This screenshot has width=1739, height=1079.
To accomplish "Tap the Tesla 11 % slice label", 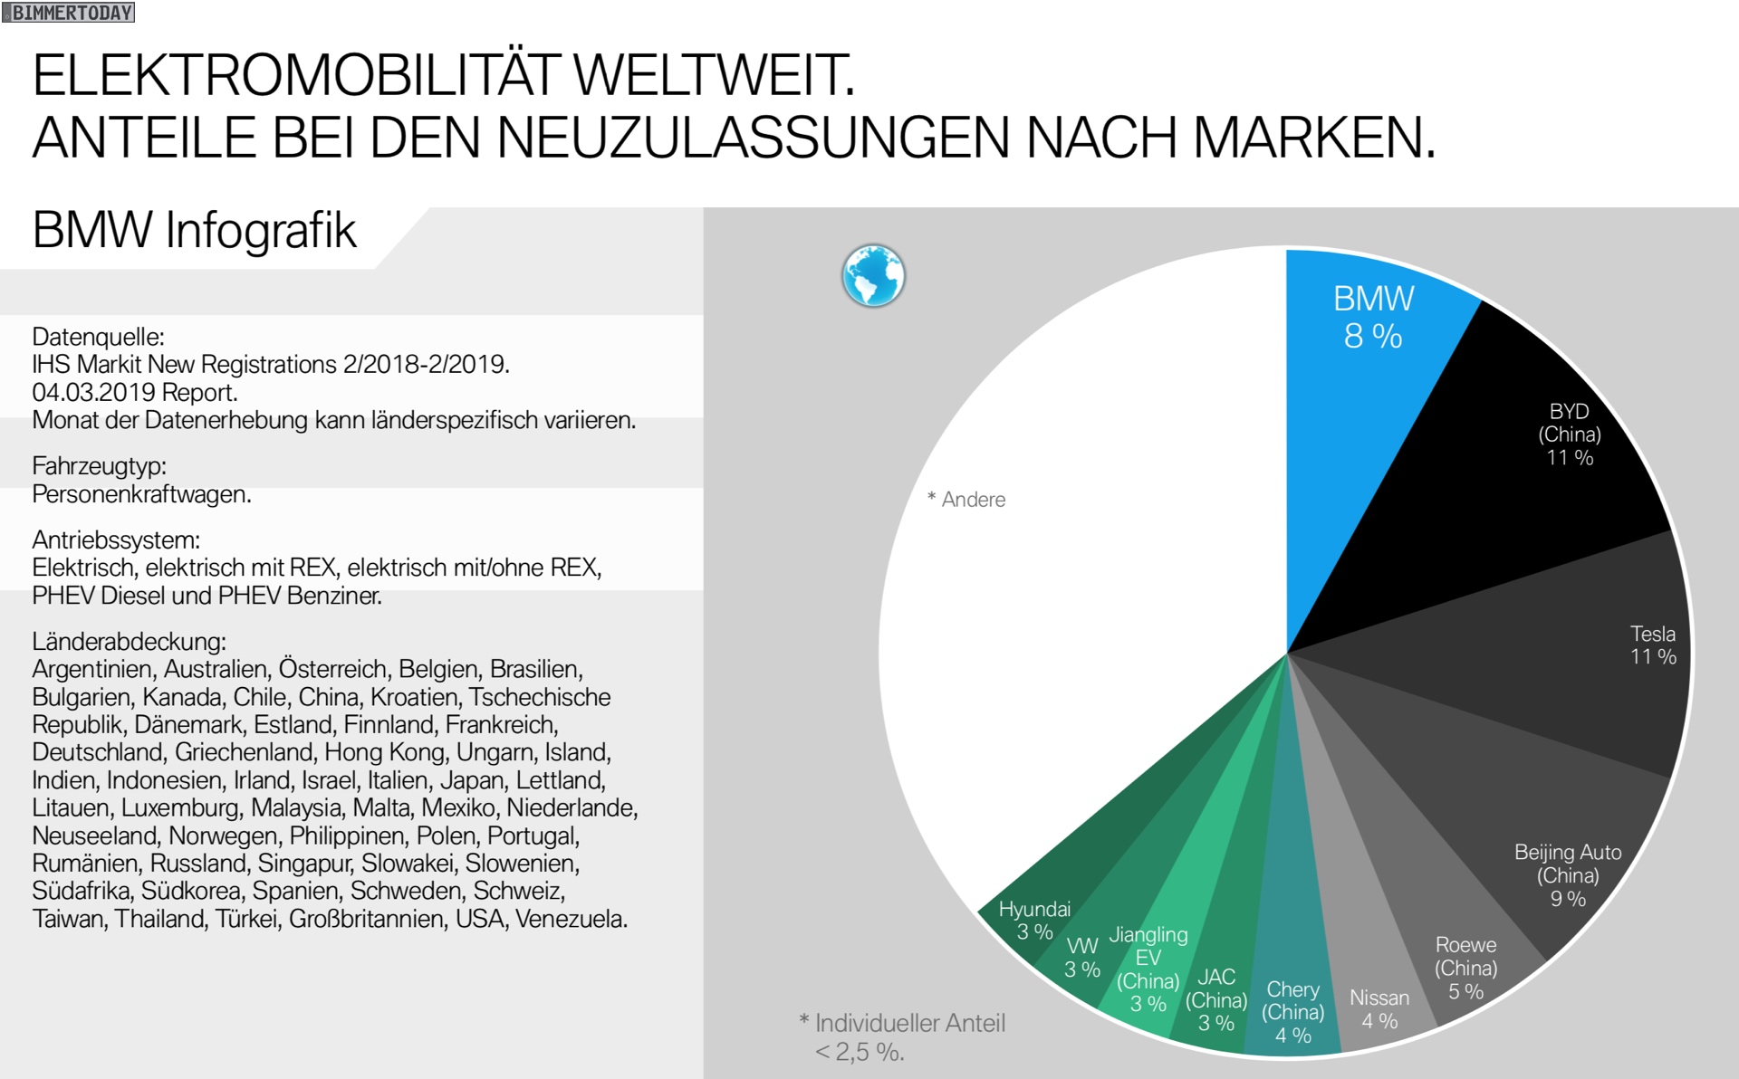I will point(1653,645).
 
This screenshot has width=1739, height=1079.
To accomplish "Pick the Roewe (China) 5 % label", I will point(1465,968).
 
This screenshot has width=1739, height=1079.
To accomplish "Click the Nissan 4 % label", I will point(1379,1009).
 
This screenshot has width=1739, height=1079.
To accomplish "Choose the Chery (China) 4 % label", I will point(1293,1012).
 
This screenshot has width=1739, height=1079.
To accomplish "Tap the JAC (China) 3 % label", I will point(1216,1000).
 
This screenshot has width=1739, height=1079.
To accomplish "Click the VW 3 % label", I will point(1082,958).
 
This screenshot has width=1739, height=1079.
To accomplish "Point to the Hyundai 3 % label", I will point(1034,920).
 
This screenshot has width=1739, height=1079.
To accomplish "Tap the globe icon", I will point(873,276).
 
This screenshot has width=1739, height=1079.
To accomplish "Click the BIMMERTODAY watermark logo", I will point(69,13).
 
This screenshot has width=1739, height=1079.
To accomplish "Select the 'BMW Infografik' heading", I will point(195,231).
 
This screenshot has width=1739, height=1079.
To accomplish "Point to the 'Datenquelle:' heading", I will point(98,337).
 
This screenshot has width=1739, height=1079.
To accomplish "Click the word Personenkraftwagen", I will point(141,494).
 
